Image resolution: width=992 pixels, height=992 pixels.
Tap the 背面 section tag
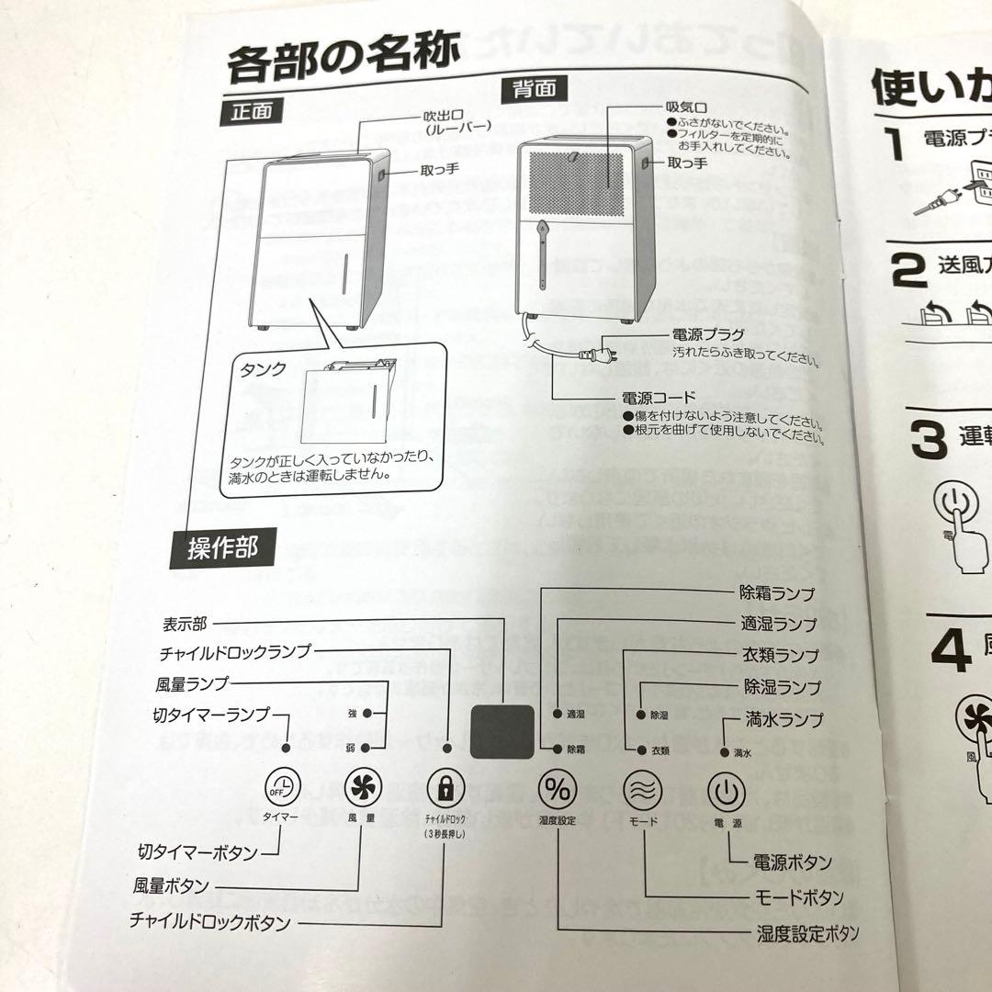click(x=533, y=89)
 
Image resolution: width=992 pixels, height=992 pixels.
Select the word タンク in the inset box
click(x=263, y=369)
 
